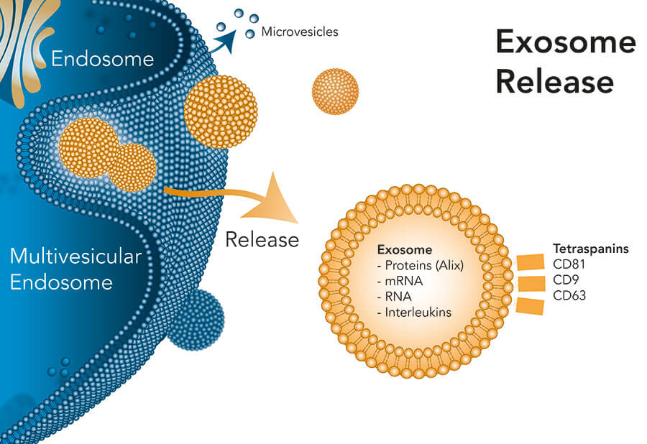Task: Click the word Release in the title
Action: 554,82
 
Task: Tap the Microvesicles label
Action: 300,32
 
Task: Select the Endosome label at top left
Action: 102,58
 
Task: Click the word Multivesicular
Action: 75,256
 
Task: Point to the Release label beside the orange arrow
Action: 262,239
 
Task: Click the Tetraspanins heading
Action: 590,249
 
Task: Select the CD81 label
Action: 570,264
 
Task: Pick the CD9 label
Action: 566,279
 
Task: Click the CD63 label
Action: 570,295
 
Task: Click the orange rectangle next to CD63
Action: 530,307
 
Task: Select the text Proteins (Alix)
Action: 421,266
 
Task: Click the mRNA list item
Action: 398,281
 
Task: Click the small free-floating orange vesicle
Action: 334,91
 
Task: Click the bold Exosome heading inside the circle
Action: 404,251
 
